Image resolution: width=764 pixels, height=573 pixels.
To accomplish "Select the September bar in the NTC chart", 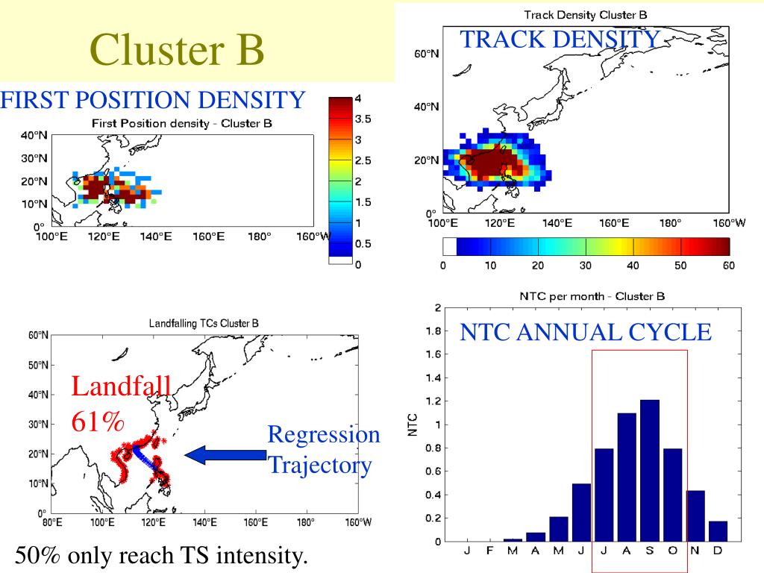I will (x=650, y=470).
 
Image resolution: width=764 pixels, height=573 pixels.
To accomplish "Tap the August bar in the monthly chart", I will (x=627, y=477).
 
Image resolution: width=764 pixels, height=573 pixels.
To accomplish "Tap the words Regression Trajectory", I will (x=323, y=450).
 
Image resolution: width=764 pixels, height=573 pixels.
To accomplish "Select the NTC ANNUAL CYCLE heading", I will (x=586, y=332).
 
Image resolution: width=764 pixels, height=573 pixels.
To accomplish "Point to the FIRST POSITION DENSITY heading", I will (x=153, y=99).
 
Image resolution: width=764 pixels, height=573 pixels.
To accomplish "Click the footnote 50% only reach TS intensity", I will (x=160, y=556).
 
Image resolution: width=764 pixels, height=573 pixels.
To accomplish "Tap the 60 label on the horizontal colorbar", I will (x=729, y=266).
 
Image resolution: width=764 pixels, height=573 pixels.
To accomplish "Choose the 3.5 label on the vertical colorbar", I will (x=352, y=119).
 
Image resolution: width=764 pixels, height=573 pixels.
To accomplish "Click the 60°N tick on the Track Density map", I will (x=426, y=54).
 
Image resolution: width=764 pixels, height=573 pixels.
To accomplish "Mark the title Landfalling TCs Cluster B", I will (x=204, y=324).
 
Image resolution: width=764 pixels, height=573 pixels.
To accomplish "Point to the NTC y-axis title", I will (x=412, y=425).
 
